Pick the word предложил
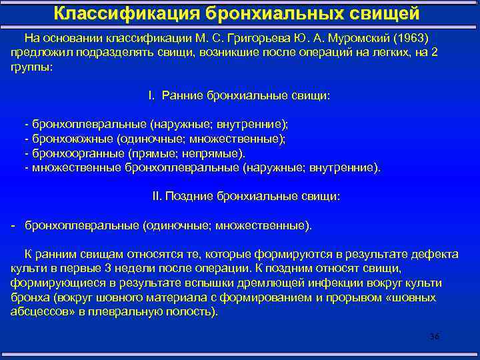tap(40, 52)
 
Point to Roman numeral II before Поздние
tap(157, 197)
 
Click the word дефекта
tap(433, 254)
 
